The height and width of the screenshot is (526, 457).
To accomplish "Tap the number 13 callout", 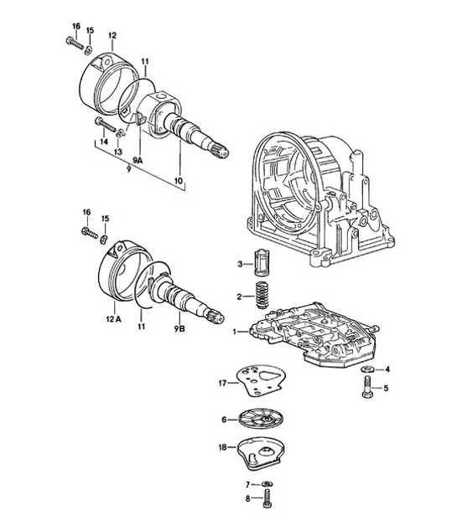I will (117, 151).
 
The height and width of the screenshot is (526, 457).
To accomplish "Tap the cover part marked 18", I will (262, 455).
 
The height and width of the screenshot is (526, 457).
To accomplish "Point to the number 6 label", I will (224, 419).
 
